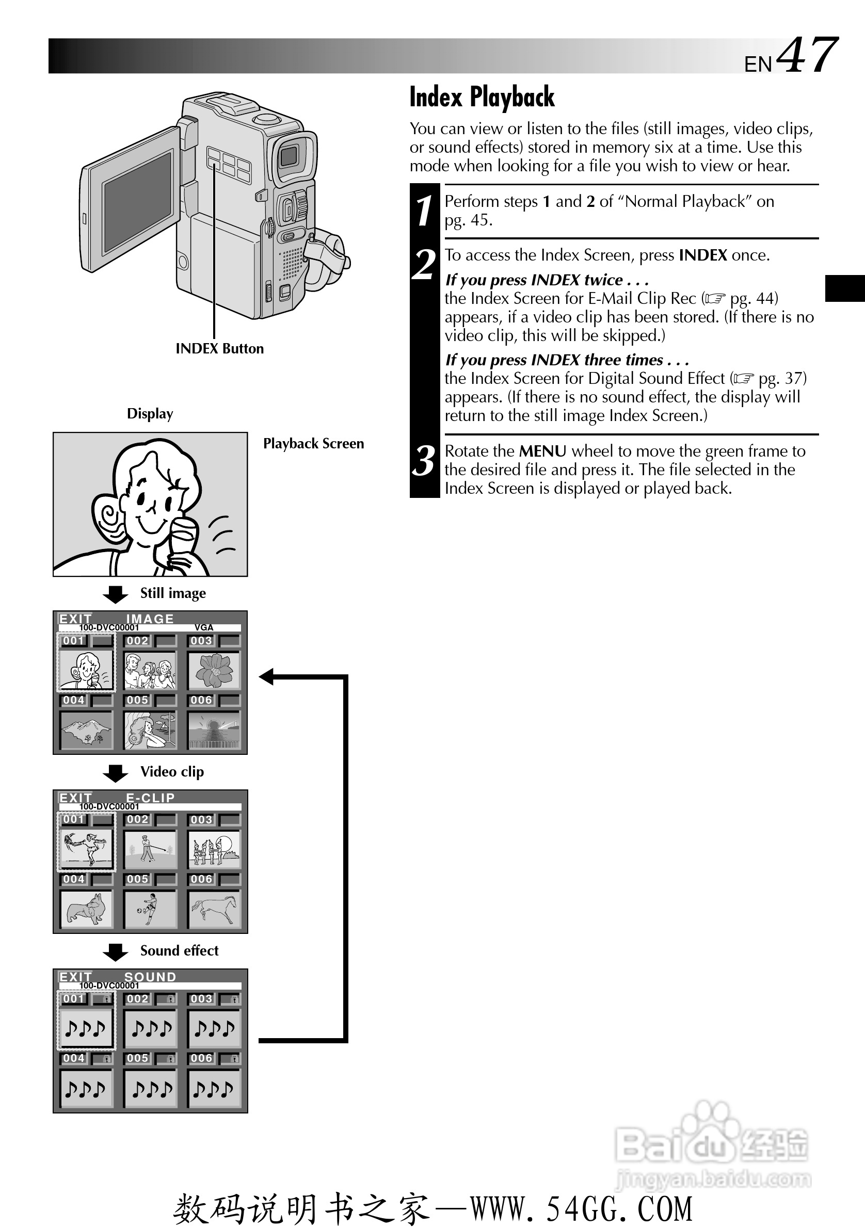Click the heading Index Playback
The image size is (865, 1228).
(x=482, y=98)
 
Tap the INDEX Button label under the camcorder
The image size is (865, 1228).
(x=219, y=349)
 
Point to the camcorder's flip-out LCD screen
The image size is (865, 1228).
(x=137, y=201)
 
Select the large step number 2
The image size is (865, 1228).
(x=424, y=265)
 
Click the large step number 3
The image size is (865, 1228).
(x=424, y=461)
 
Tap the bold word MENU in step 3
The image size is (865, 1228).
(x=542, y=451)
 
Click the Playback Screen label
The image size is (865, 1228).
(x=313, y=443)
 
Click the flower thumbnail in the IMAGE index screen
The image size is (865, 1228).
(x=214, y=670)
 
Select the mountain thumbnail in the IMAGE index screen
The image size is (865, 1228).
(x=86, y=730)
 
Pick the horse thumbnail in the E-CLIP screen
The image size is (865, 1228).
(x=214, y=909)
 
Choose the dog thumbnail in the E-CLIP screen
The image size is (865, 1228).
(x=86, y=909)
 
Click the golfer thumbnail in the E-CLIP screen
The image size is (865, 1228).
(x=150, y=849)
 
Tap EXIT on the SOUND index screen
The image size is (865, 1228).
(x=75, y=977)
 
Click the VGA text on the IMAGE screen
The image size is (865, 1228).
(x=204, y=627)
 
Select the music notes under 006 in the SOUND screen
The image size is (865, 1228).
(x=214, y=1088)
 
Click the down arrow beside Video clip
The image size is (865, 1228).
(x=115, y=773)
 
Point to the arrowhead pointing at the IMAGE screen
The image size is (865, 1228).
(x=266, y=676)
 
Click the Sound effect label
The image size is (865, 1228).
(x=179, y=950)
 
